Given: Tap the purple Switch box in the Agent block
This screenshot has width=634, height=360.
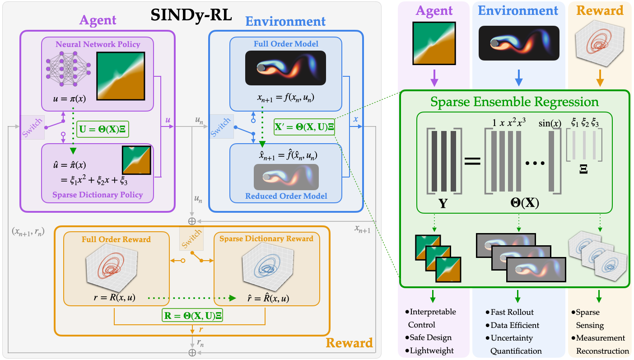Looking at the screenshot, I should [x=33, y=127].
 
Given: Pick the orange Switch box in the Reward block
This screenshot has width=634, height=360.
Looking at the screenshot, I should [x=191, y=238].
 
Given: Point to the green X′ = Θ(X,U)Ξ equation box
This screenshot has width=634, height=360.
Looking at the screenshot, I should [x=304, y=127].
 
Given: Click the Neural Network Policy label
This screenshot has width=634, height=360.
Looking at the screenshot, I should [x=98, y=44].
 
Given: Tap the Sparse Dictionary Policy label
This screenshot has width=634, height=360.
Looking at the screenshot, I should [x=98, y=195].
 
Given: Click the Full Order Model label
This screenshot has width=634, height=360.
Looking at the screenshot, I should [x=286, y=44].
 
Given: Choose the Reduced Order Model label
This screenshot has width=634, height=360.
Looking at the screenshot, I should [x=286, y=196].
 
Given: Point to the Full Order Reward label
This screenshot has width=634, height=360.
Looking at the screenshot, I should [x=116, y=238].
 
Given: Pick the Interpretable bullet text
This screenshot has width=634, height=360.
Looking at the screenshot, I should [x=432, y=312].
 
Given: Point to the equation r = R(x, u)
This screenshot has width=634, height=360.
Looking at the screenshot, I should [x=117, y=298].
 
